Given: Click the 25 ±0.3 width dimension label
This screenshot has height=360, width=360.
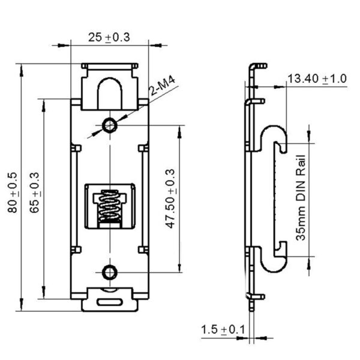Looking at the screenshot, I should pyautogui.click(x=109, y=37).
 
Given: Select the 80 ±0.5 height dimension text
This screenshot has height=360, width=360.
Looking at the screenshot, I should pyautogui.click(x=13, y=193).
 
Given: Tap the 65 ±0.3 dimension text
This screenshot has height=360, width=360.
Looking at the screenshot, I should pyautogui.click(x=34, y=193).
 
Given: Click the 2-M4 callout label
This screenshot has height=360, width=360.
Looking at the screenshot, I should pyautogui.click(x=162, y=85).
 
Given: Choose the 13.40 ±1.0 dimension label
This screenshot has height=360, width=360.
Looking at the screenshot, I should pyautogui.click(x=316, y=79).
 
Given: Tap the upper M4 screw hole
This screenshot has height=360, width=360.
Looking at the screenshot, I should pyautogui.click(x=109, y=125).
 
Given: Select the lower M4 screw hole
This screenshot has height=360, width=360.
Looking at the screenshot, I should pyautogui.click(x=109, y=272).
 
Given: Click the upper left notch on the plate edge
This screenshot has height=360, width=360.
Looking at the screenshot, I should pyautogui.click(x=75, y=146).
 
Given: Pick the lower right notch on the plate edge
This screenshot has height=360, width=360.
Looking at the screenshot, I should pyautogui.click(x=143, y=248).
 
